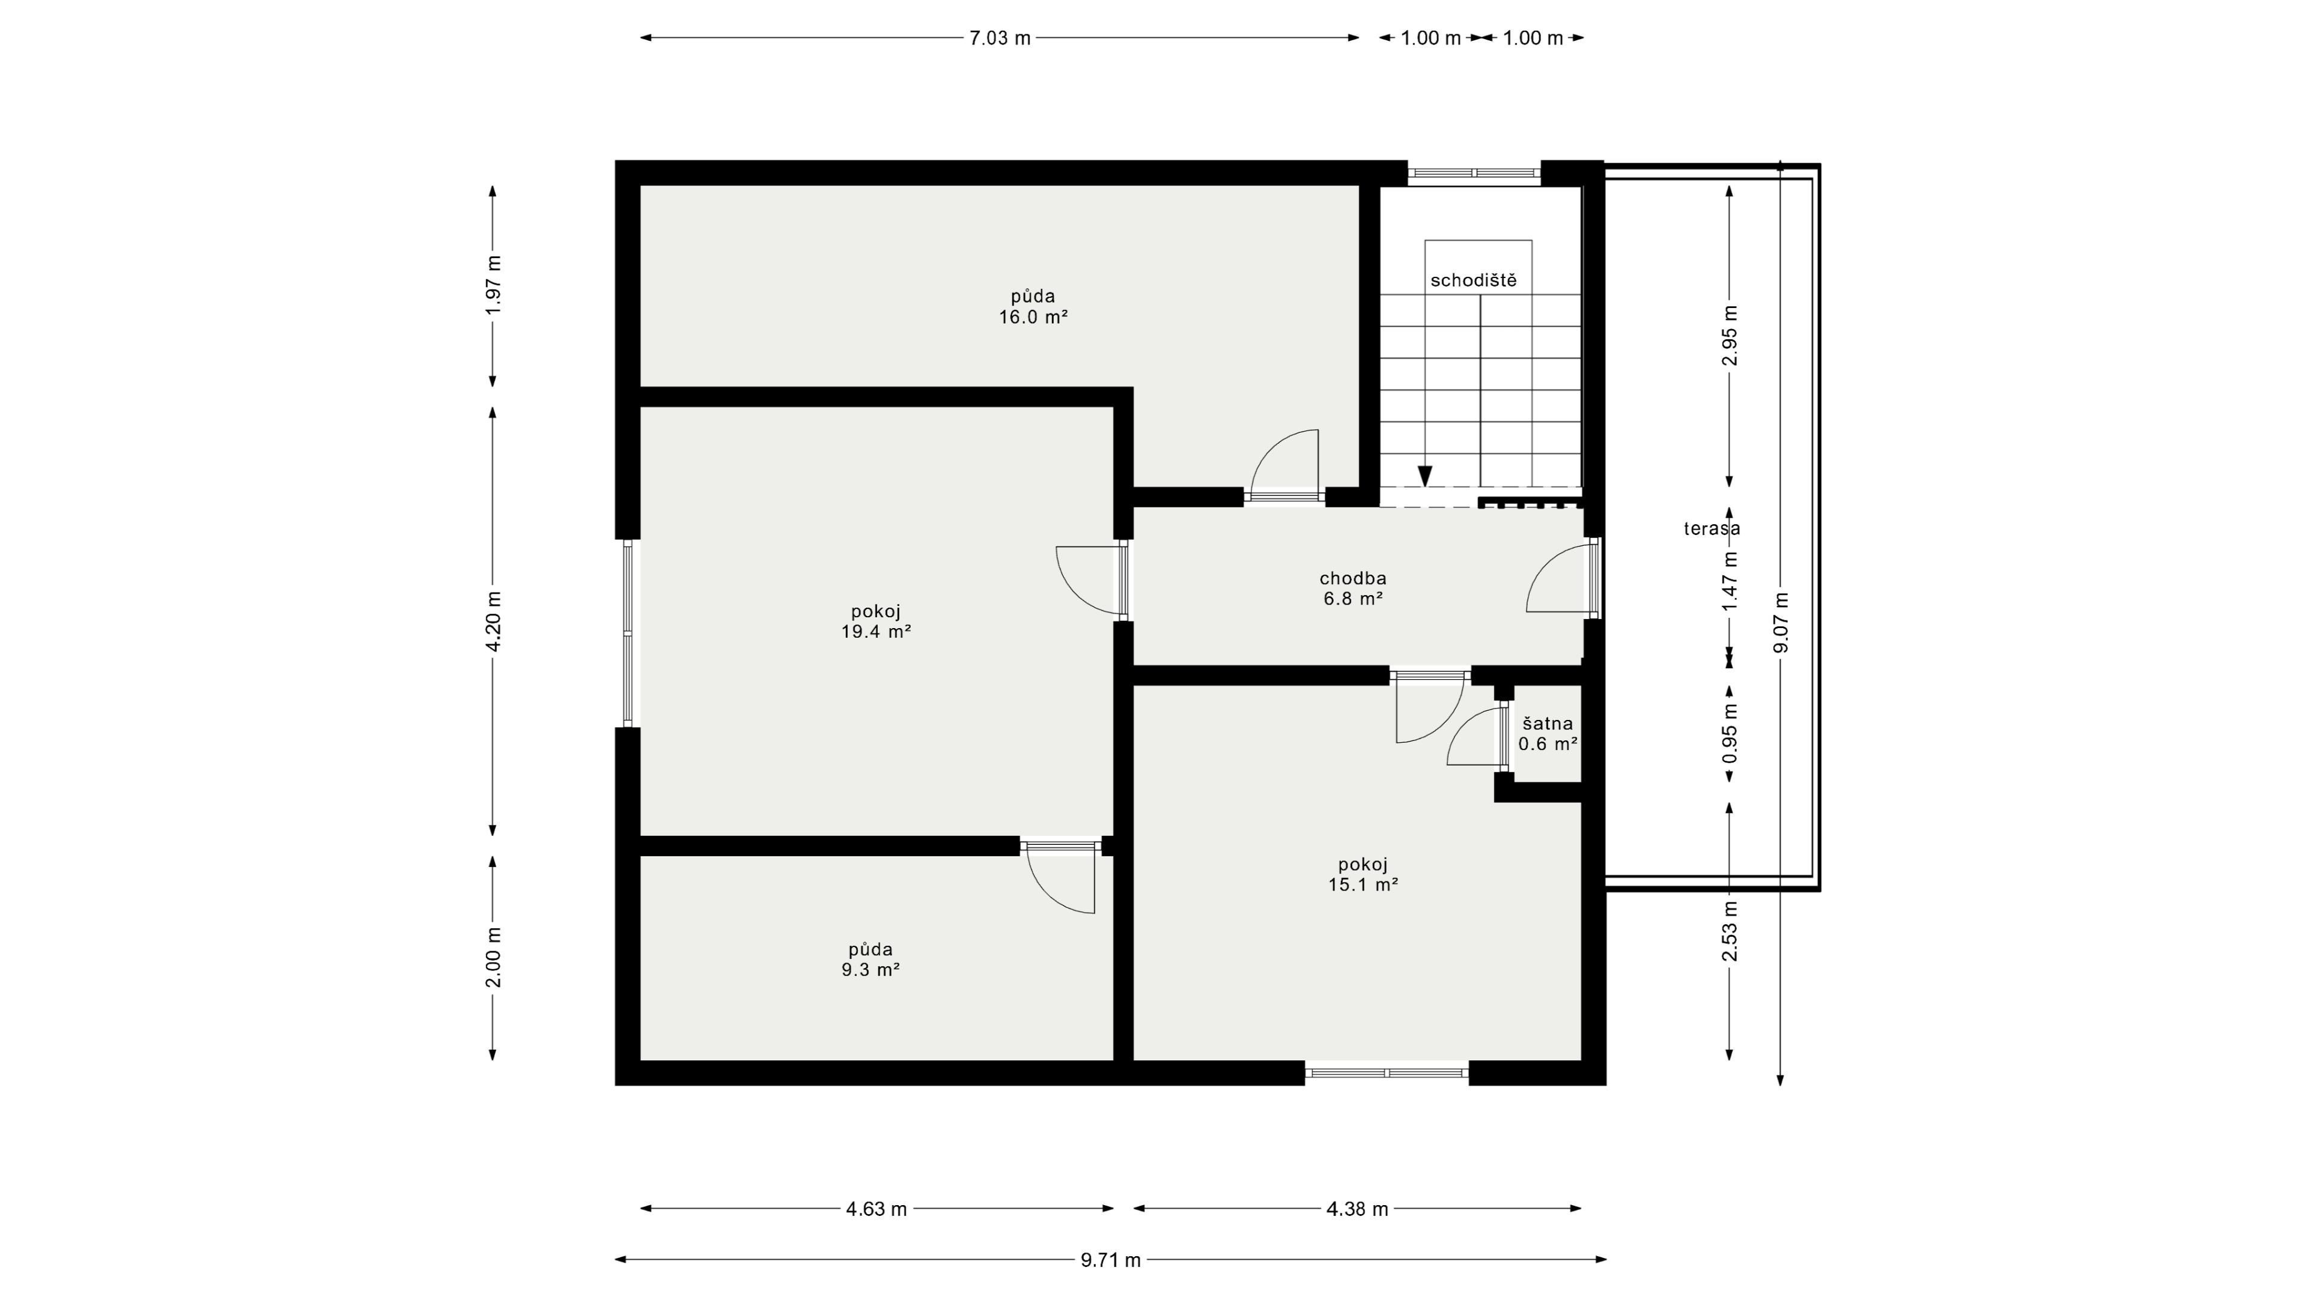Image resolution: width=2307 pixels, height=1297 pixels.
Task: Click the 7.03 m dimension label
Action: coord(1000,38)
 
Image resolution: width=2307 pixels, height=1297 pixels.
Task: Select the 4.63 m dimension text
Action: coord(877,1209)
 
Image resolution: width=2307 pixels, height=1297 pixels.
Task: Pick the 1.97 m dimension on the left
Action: coord(493,285)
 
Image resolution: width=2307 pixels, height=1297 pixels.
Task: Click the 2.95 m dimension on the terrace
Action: coord(1730,336)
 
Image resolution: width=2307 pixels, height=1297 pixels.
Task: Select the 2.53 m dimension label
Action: coord(1730,931)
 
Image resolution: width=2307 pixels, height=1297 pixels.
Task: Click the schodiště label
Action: coord(1473,280)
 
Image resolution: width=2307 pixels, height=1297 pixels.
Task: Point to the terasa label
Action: coord(1712,528)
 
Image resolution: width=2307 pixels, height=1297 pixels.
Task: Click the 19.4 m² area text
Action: coord(876,632)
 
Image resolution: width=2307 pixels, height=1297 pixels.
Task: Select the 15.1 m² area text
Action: coord(1363,885)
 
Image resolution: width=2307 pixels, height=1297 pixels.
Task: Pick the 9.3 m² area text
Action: coord(871,969)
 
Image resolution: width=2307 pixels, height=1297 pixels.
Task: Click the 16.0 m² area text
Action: coord(1033,317)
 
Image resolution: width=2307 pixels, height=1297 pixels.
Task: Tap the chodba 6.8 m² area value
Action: coord(1353,599)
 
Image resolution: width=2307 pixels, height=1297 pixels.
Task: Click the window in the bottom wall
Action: coord(1387,1072)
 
